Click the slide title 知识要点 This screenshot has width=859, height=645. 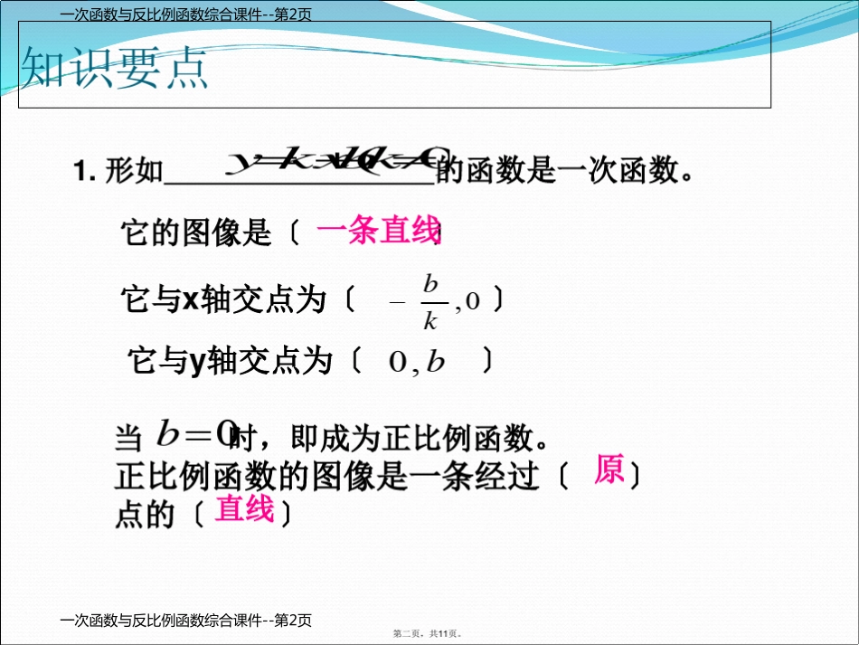point(115,68)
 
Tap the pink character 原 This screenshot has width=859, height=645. point(609,470)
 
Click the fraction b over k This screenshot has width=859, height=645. point(431,302)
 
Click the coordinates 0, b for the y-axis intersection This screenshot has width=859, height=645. point(417,362)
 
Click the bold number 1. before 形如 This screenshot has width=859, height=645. point(84,171)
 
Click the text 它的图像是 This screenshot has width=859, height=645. point(196,233)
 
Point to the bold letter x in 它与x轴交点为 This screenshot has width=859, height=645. point(191,299)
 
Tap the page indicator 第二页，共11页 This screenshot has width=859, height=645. point(434,634)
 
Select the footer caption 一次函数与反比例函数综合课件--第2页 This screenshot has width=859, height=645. point(184,621)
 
